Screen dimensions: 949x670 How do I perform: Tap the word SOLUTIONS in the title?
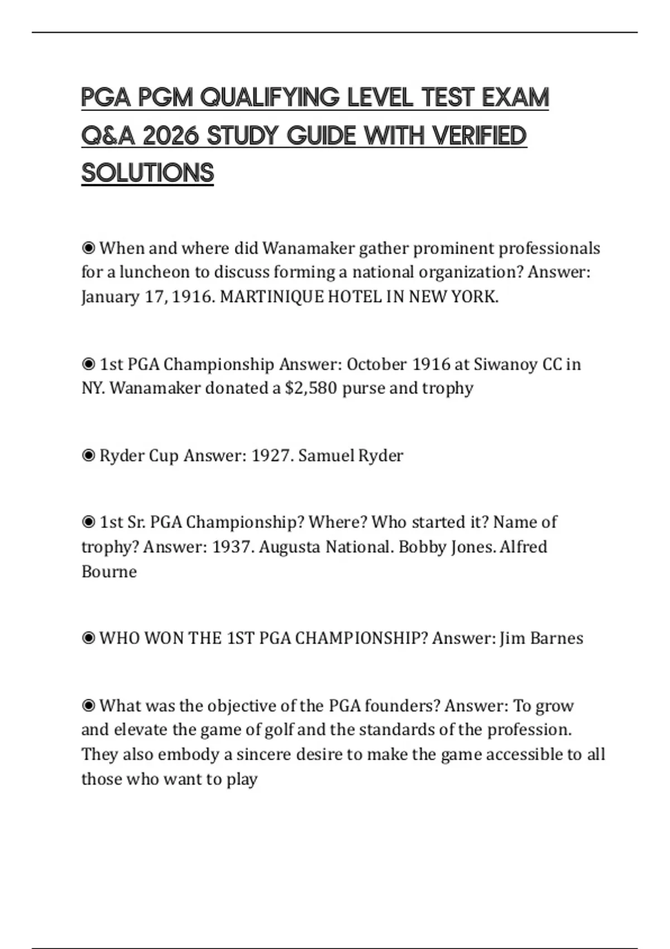tap(147, 173)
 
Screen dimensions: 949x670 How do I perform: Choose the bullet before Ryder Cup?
tap(88, 456)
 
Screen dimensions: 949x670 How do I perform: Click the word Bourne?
tap(109, 572)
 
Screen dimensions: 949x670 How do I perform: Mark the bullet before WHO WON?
tap(88, 638)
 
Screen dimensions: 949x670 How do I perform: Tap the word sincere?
tap(264, 755)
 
